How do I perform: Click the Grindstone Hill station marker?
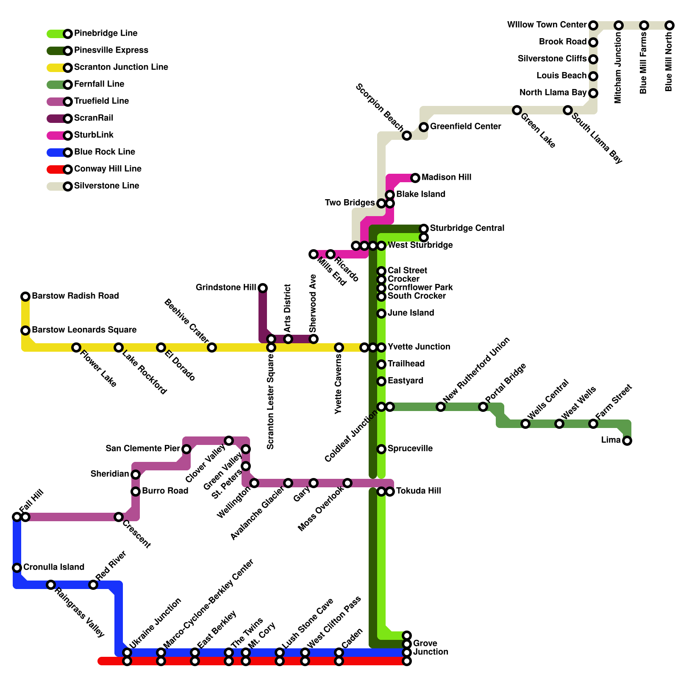[263, 288]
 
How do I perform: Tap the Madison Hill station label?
[446, 178]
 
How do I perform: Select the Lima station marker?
[627, 441]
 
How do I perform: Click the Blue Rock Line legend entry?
[104, 152]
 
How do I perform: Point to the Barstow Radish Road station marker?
[25, 297]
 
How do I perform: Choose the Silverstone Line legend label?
[106, 186]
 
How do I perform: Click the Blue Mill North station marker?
[670, 25]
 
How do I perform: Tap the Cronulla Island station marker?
[17, 568]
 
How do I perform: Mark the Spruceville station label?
[410, 449]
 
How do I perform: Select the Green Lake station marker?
[517, 110]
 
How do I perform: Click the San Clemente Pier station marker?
[186, 449]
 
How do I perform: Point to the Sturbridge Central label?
[467, 228]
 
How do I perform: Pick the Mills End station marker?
[314, 254]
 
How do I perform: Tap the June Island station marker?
[381, 314]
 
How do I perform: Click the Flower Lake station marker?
[76, 347]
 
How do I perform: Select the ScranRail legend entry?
[93, 118]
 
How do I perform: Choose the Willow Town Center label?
[547, 25]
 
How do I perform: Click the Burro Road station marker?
[136, 492]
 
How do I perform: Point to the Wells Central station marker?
[525, 424]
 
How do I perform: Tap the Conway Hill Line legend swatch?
[56, 169]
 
